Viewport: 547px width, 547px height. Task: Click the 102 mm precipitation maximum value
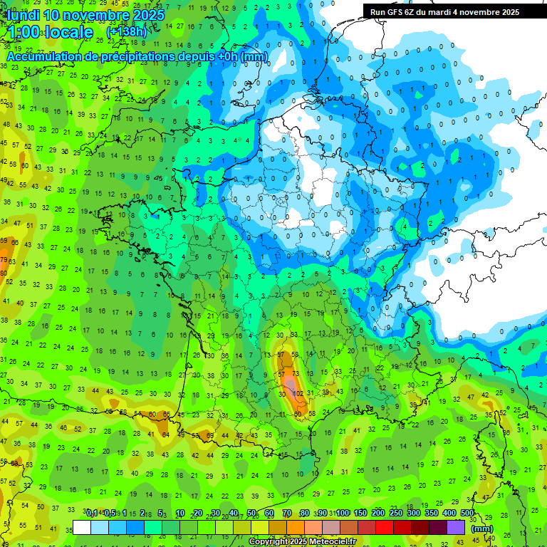coord(298,393)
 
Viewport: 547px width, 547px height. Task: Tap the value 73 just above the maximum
coord(296,373)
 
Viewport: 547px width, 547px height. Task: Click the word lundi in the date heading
coord(24,15)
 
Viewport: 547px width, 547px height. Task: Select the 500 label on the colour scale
coord(467,513)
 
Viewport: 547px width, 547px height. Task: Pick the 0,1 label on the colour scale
coord(92,513)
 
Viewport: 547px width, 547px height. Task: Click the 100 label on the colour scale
coord(343,513)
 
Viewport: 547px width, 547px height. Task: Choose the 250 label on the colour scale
coord(396,513)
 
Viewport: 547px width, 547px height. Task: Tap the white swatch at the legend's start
coord(82,528)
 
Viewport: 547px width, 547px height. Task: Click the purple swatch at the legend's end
coord(456,528)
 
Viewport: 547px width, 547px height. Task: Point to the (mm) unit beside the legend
coord(482,528)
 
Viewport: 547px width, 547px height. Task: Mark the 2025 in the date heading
coord(148,15)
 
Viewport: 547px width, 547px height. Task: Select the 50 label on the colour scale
coord(251,513)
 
